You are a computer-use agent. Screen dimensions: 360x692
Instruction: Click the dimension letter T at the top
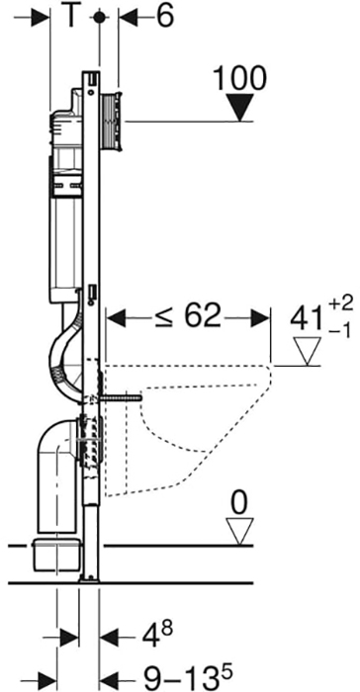70,17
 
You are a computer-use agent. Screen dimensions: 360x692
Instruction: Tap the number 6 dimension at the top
164,17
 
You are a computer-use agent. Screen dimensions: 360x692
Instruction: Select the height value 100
240,78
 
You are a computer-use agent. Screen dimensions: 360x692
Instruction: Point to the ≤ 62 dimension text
188,316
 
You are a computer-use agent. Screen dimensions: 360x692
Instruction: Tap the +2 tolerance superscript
341,304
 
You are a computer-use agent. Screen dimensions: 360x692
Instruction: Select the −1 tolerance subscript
340,331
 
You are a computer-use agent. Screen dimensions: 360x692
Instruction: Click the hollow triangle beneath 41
308,351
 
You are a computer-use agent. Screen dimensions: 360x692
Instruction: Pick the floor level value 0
239,504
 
